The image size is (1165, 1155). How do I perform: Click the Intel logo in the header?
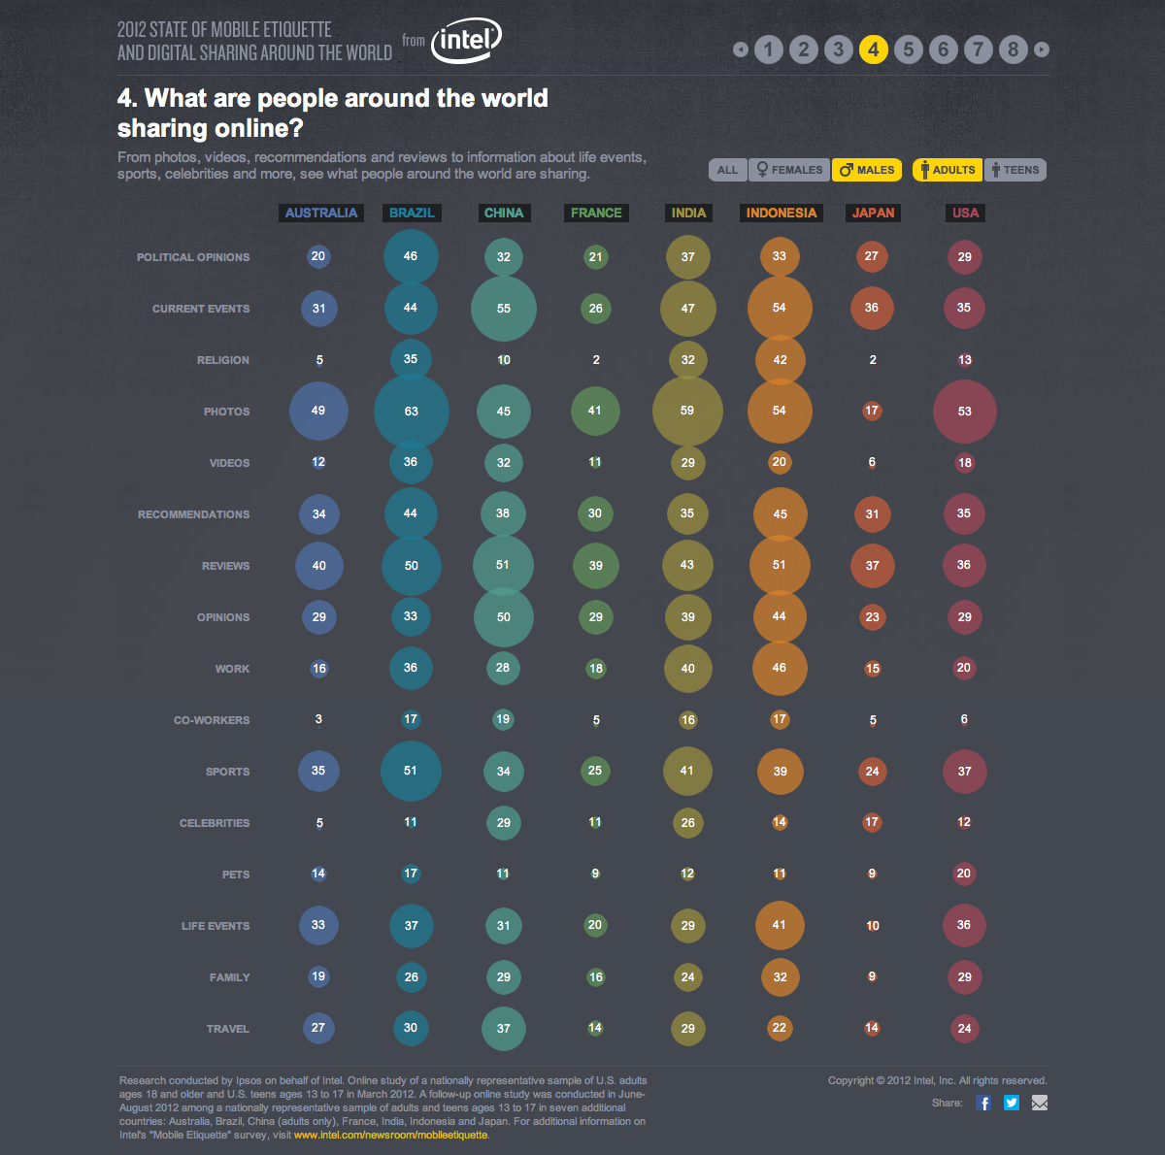[x=466, y=43]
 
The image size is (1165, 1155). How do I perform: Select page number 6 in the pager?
[x=943, y=49]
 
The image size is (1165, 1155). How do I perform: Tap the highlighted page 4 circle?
[x=873, y=49]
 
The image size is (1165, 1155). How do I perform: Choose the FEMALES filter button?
[x=789, y=170]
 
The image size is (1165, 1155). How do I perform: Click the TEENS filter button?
[x=1015, y=170]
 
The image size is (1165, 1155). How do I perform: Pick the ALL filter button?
[x=727, y=170]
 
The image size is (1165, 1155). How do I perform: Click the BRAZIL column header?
[x=412, y=213]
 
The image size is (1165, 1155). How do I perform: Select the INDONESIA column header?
[x=782, y=213]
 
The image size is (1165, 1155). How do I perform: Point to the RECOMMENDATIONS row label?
[x=193, y=514]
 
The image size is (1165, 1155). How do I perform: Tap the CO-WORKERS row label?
[x=212, y=720]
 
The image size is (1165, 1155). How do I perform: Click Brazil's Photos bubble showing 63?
[x=412, y=412]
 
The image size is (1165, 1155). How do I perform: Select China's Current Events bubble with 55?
[x=503, y=309]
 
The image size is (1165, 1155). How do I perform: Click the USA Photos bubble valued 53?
[x=964, y=412]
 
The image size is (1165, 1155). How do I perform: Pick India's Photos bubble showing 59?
[x=687, y=411]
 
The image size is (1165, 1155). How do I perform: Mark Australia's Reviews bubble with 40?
[x=319, y=566]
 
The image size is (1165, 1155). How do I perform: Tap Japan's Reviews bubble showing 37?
[x=872, y=566]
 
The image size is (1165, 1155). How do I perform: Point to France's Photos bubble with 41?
[x=595, y=411]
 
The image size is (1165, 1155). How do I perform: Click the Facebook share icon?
[x=983, y=1103]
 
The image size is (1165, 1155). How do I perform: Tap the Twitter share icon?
[x=1012, y=1103]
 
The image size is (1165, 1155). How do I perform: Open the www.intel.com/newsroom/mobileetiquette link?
[x=390, y=1135]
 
